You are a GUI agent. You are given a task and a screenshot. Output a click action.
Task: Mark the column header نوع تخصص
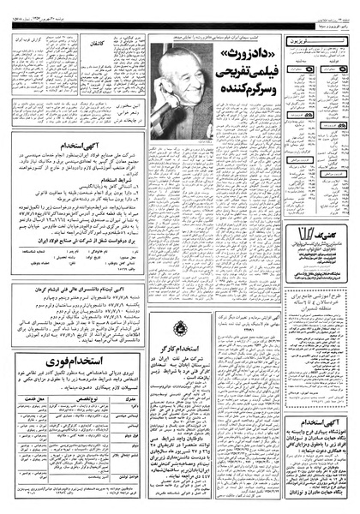coord(77,411)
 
